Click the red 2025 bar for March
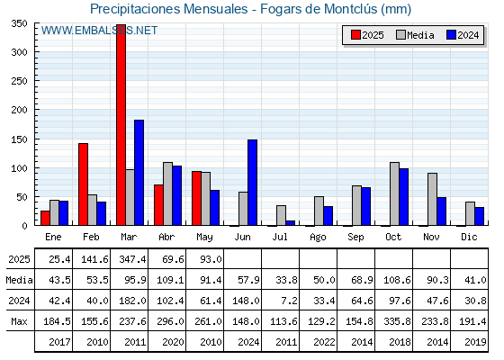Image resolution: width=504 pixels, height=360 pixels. click(x=121, y=125)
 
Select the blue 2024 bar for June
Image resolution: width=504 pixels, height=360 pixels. click(x=252, y=183)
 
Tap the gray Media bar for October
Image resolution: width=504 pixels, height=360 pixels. click(x=395, y=193)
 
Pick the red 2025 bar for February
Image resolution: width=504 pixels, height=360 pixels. click(x=83, y=184)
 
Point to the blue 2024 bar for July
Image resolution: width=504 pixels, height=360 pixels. click(x=290, y=223)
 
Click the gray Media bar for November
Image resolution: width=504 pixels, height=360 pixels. click(x=433, y=199)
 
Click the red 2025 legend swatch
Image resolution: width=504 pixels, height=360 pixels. click(x=355, y=35)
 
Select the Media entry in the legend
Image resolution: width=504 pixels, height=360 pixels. click(x=415, y=35)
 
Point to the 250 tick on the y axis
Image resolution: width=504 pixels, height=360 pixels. click(x=19, y=81)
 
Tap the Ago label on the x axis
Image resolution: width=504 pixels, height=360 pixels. click(x=318, y=238)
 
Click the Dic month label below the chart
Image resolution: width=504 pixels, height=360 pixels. click(x=469, y=237)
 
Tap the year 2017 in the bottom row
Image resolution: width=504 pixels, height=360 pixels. click(x=59, y=342)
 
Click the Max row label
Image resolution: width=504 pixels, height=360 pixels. click(x=19, y=321)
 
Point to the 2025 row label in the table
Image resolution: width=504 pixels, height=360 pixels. click(x=19, y=259)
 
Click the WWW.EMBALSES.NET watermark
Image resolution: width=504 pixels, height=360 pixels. click(x=99, y=31)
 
